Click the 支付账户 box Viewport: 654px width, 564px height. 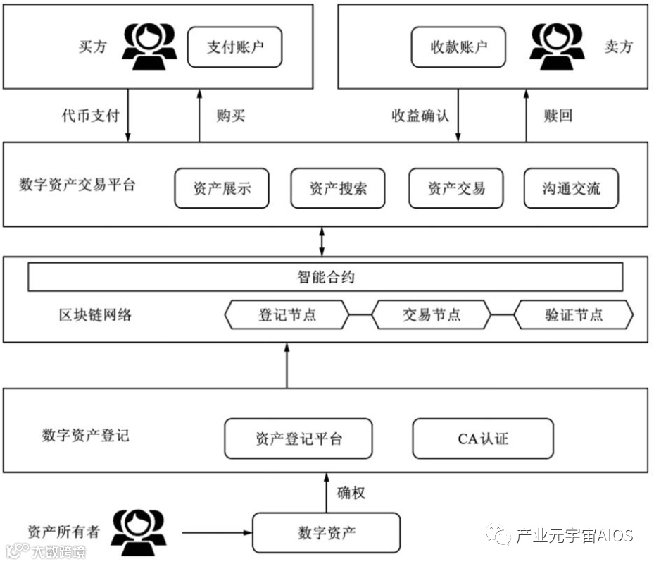pos(234,47)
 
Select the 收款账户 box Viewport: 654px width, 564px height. pos(459,47)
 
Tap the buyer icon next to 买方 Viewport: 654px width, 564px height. pos(148,47)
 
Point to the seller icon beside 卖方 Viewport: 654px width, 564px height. pos(557,47)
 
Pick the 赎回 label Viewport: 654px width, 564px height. pos(558,115)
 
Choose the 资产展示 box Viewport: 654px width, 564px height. pos(222,188)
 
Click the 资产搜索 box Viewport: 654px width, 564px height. pos(338,188)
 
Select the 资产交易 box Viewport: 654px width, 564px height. pos(456,188)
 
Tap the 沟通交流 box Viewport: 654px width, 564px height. pos(572,188)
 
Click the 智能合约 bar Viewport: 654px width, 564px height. pos(325,276)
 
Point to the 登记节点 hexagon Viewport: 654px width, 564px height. pos(287,314)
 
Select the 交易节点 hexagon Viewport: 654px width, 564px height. pos(431,314)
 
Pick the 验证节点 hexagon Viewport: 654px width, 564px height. pos(574,314)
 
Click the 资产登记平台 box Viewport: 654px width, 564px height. pos(298,439)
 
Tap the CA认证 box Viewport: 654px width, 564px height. pos(483,439)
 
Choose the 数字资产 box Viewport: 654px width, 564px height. pos(326,532)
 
